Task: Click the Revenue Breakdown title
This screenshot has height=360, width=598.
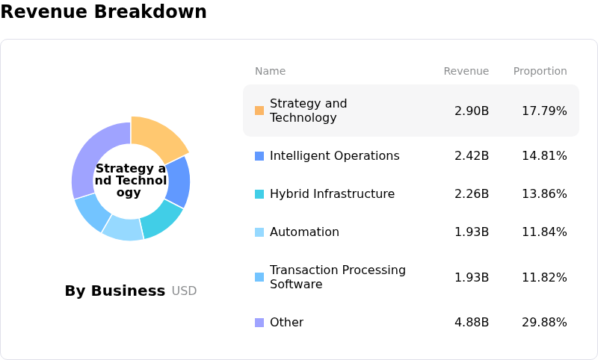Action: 103,13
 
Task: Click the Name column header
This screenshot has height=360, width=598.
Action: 270,72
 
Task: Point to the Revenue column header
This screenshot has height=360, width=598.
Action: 466,72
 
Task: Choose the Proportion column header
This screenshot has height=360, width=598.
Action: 540,72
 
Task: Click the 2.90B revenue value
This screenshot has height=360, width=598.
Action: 472,111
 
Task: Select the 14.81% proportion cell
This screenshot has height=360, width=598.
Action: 544,156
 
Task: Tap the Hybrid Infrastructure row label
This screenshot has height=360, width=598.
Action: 332,194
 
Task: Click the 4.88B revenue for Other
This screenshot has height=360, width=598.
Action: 472,323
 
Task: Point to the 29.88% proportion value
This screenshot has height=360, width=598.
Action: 544,323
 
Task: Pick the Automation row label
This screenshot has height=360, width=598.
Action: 304,232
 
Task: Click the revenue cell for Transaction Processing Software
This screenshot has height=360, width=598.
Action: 472,278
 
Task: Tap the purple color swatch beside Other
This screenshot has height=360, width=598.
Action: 259,323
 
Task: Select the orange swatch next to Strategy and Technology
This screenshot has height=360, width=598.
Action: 259,111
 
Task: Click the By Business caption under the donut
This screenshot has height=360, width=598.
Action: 114,291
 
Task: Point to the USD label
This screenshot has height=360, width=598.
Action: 184,291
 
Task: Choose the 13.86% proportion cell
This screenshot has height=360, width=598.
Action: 544,194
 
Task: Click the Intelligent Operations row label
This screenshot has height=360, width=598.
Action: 334,156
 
